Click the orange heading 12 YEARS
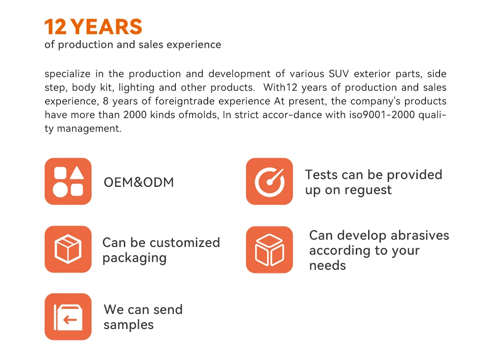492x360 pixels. [93, 27]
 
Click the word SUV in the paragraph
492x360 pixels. [339, 74]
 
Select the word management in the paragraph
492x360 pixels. [89, 129]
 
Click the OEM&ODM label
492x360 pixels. [138, 182]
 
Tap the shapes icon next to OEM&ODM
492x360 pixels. [68, 181]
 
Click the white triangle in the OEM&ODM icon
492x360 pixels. [77, 173]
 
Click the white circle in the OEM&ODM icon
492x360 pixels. [60, 190]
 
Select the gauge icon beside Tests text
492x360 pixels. [270, 181]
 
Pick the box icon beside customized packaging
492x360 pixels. [68, 249]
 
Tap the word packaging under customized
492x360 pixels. [134, 258]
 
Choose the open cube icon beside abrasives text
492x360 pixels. [270, 250]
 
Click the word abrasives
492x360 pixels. [420, 236]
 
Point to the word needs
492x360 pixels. [328, 266]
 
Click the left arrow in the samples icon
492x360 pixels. [70, 320]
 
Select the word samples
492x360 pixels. [128, 325]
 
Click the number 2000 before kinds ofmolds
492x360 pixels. [135, 115]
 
